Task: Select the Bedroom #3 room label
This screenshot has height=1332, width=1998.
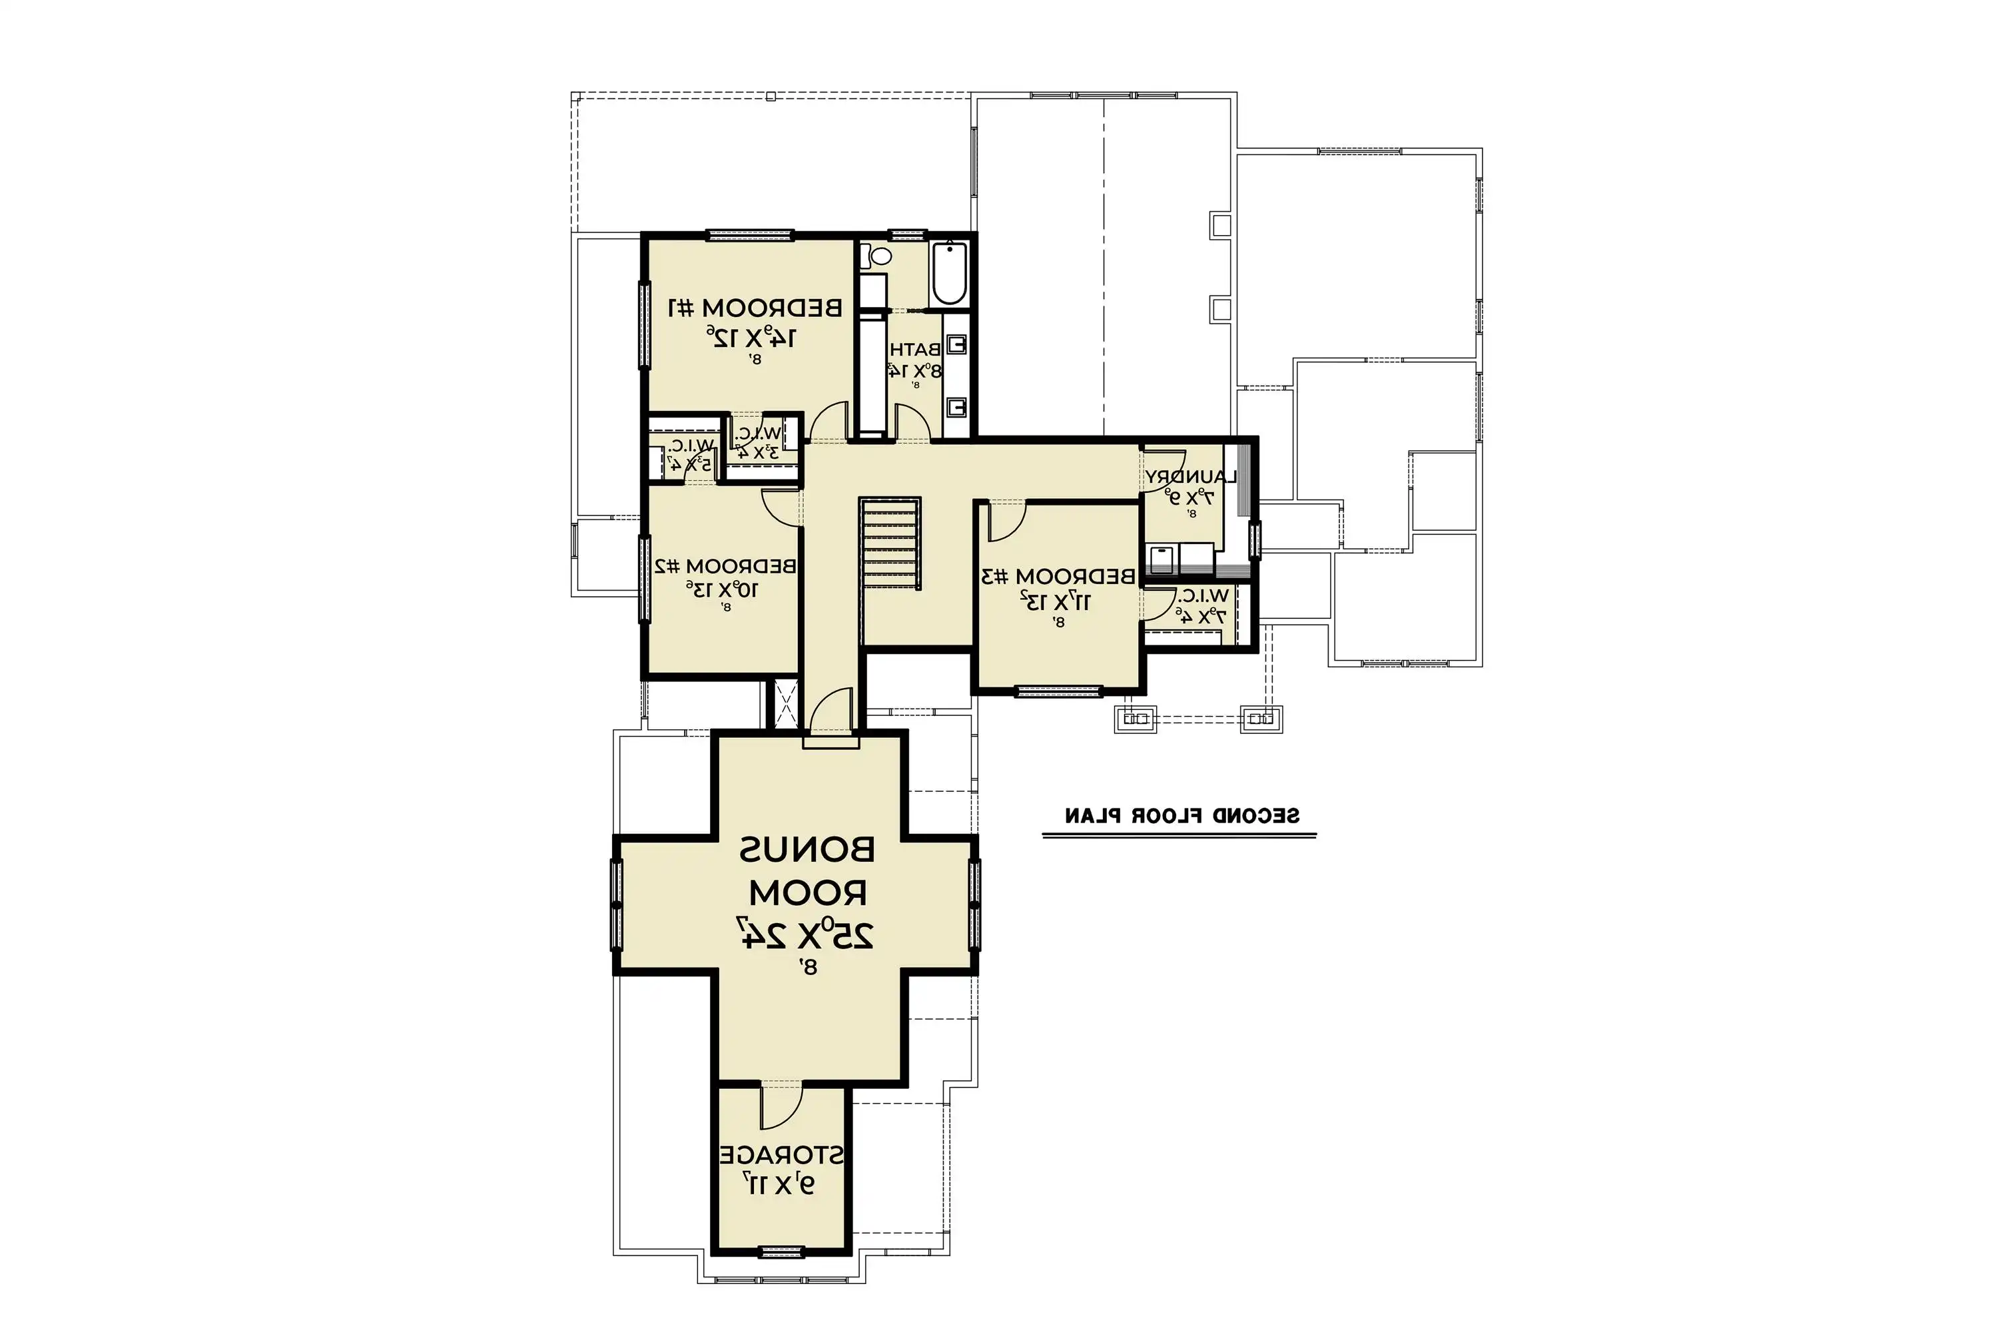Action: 1058,577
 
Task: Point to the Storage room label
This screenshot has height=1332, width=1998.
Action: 781,1156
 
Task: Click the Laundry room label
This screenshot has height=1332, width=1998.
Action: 1189,478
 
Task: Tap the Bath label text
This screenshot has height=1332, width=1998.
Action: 915,349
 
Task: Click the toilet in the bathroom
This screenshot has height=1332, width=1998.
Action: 878,255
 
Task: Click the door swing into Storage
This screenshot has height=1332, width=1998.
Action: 780,1106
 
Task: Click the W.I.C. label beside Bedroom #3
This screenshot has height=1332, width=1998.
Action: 1203,596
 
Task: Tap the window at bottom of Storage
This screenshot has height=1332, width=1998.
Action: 781,1251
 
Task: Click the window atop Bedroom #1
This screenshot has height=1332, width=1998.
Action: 750,235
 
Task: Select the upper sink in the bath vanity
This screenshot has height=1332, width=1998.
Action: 956,344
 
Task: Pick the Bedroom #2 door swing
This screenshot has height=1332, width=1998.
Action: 781,507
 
